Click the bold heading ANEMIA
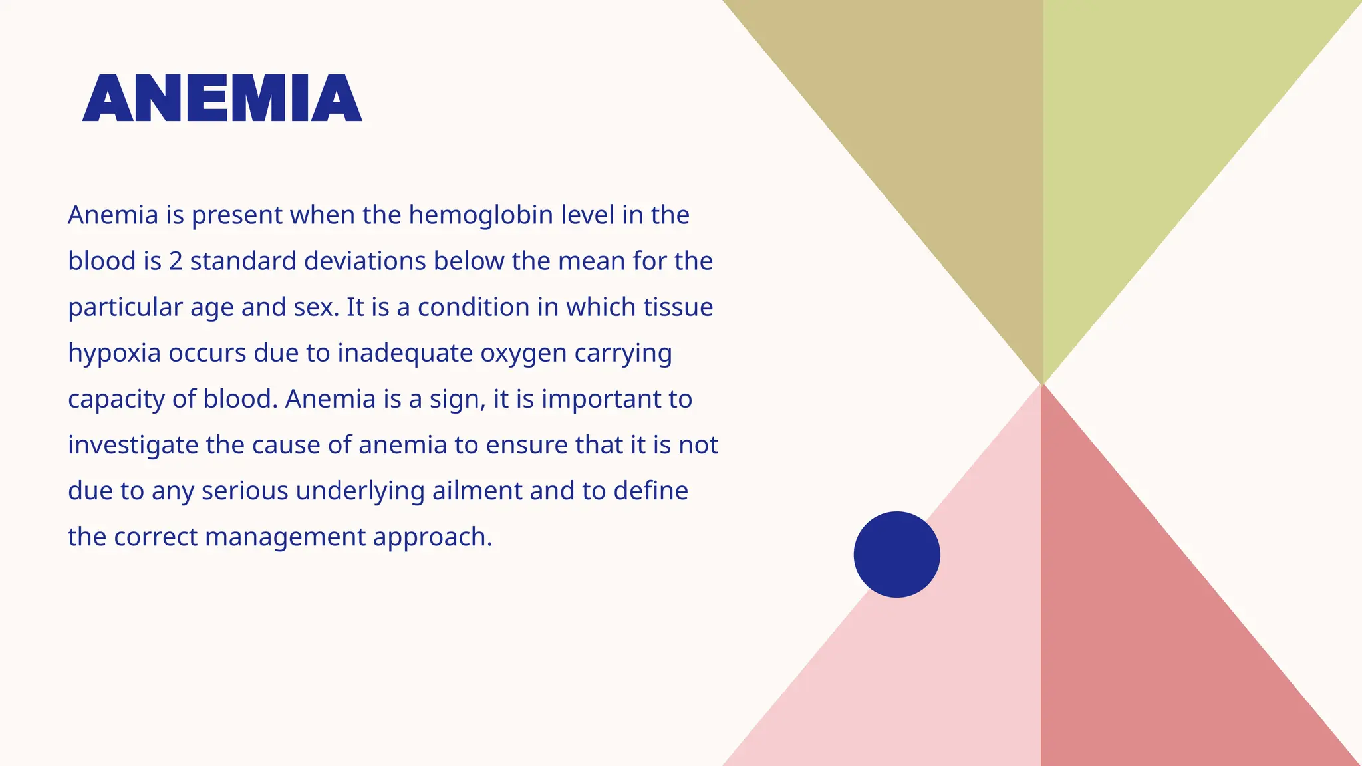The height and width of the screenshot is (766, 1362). pos(222,98)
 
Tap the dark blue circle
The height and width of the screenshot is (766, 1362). pos(896,555)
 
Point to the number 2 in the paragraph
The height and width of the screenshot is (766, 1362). pos(176,261)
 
